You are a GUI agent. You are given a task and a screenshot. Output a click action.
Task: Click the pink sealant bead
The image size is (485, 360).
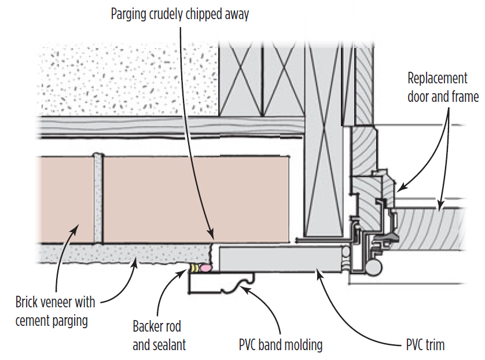coord(205,268)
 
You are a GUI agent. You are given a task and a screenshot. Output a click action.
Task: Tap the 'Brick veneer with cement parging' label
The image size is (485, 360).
coord(56,310)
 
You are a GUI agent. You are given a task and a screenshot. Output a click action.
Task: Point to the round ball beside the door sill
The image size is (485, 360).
coord(373,267)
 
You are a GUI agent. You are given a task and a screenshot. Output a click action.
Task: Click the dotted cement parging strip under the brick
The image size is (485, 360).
coord(116,254)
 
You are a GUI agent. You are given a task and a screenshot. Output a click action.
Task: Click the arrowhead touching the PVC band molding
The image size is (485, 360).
coord(244,288)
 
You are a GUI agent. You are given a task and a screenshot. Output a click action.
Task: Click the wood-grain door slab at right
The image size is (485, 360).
coord(434,229)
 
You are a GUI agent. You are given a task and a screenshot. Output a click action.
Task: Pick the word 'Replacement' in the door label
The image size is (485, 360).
coord(437,78)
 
